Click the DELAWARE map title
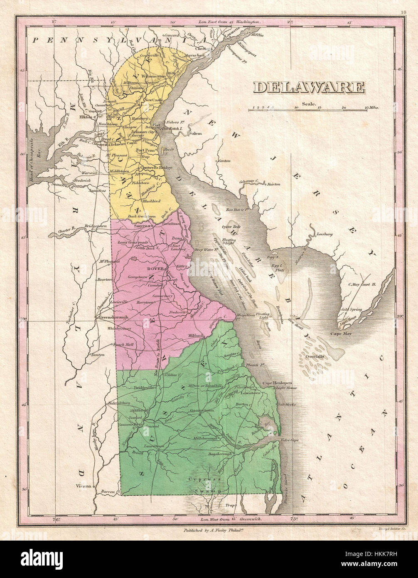(309, 87)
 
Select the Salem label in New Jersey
(195, 133)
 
